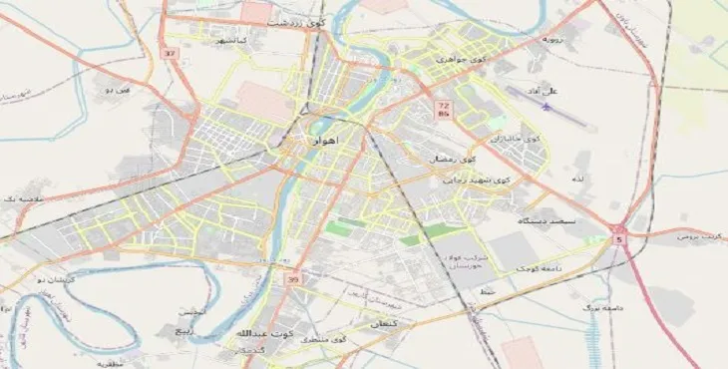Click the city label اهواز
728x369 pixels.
tap(321, 142)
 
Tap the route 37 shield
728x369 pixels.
tap(171, 53)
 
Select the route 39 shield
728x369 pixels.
tap(292, 280)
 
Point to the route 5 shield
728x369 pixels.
tap(619, 238)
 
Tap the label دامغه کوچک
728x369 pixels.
tap(540, 269)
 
